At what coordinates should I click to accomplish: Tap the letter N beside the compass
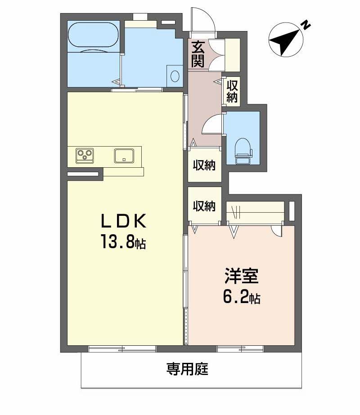pos(306,25)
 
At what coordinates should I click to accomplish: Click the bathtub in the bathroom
pos(93,36)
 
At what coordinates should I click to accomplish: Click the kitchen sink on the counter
pos(124,155)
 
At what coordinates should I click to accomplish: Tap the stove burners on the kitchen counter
pos(85,156)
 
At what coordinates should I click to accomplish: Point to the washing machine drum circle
pos(175,76)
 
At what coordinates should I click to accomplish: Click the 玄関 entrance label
pos(198,54)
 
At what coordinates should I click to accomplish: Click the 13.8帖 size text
pos(123,243)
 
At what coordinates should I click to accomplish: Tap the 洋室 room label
pos(242,277)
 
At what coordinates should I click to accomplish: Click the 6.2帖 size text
pos(242,297)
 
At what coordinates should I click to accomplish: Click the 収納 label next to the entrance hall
pos(232,91)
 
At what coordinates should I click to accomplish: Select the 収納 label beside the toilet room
pos(205,165)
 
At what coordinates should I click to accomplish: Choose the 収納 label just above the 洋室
pos(205,206)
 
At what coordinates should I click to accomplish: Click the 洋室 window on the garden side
pos(240,348)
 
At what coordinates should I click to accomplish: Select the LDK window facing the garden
pos(122,348)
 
